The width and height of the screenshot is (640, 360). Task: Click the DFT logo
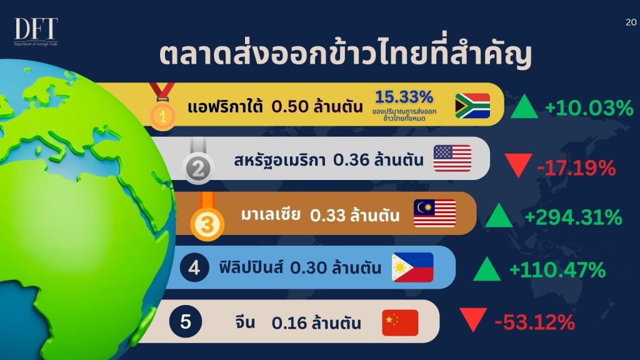tap(36, 31)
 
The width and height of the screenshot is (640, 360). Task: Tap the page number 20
tap(631, 22)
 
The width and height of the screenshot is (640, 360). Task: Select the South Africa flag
tap(472, 106)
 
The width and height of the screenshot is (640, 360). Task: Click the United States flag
tap(452, 158)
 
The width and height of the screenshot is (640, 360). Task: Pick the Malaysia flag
tap(435, 213)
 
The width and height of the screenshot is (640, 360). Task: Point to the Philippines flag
tap(412, 267)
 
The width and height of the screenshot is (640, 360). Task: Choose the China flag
tap(400, 322)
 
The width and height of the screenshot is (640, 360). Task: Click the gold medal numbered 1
tap(162, 107)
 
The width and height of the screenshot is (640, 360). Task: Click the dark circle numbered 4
tap(194, 267)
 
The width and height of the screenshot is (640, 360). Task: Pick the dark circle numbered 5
tap(186, 322)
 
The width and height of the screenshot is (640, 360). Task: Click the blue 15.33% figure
tap(404, 97)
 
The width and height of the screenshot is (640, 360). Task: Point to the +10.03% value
tap(589, 108)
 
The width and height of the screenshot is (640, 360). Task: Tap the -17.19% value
tap(576, 167)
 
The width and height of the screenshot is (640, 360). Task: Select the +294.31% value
tap(574, 217)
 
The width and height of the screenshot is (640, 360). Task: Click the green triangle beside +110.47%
tap(487, 270)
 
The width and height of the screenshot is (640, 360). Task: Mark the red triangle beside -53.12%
tap(473, 319)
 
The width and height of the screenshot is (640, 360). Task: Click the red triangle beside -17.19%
tap(518, 165)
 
